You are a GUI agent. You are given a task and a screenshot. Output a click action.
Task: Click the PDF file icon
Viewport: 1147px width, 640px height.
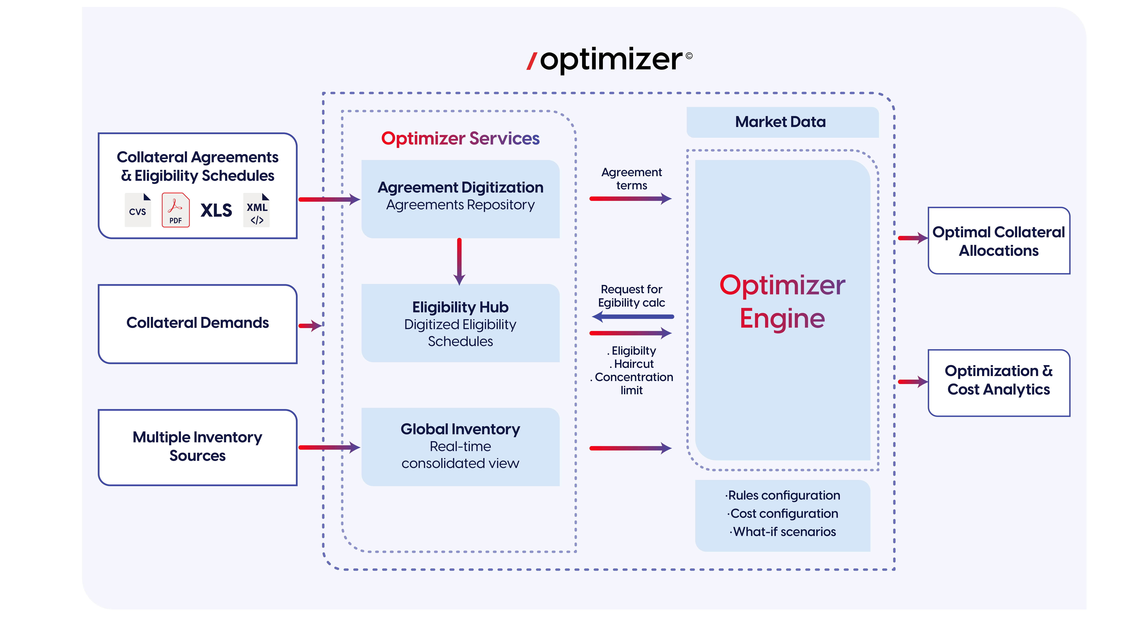click(175, 210)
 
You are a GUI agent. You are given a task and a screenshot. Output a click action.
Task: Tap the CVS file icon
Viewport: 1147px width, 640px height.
click(138, 210)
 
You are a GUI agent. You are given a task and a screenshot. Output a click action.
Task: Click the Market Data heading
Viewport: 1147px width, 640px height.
click(780, 122)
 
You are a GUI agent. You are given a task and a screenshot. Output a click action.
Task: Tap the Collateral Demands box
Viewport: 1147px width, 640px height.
click(198, 324)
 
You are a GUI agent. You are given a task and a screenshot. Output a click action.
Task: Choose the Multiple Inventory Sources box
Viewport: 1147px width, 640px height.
click(198, 447)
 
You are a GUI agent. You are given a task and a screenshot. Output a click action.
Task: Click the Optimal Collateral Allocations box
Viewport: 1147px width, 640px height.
click(999, 241)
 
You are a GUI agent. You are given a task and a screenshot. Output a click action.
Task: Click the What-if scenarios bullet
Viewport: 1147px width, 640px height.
click(784, 532)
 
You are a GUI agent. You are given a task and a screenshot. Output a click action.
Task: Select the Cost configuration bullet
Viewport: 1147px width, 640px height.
click(784, 513)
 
